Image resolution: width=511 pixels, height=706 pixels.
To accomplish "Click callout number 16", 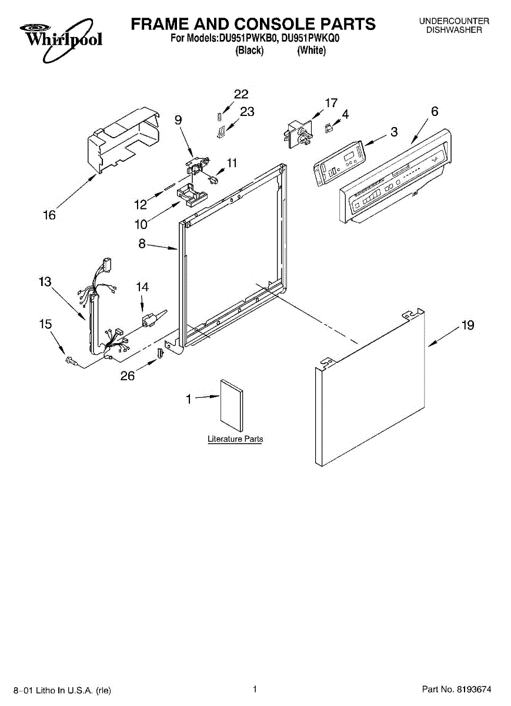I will [49, 216].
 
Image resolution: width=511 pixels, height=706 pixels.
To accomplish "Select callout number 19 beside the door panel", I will [467, 325].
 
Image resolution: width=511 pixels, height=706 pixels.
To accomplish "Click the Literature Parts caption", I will [235, 439].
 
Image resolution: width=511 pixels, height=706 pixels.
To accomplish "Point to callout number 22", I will [241, 94].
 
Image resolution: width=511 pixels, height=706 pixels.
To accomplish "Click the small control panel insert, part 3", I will [339, 159].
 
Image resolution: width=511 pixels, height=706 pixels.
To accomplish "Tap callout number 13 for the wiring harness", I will [45, 282].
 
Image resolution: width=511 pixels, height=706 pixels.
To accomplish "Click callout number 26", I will [128, 377].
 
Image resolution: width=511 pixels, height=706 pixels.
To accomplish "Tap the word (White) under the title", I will [311, 51].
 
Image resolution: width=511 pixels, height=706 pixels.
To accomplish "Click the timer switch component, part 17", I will [298, 132].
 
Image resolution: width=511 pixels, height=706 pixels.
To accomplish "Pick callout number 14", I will [142, 287].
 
